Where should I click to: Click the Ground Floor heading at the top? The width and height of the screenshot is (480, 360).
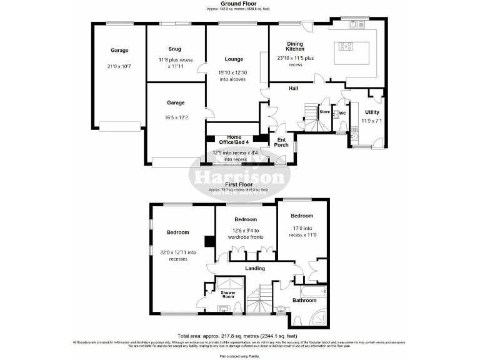pos(239,4)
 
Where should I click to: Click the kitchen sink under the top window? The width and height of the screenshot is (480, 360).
pos(356,24)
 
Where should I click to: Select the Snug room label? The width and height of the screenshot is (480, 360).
pos(175,49)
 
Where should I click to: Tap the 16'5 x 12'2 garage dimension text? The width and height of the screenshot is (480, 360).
pos(175,117)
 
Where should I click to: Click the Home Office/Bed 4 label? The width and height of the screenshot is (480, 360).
pos(234,140)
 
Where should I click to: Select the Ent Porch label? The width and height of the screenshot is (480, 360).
pos(282,142)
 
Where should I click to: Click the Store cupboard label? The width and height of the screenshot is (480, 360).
pos(324,112)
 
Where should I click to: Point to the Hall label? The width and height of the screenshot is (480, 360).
pos(293,89)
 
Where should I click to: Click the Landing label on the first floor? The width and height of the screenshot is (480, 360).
pos(254,269)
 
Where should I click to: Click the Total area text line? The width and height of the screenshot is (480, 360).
pos(239,336)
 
